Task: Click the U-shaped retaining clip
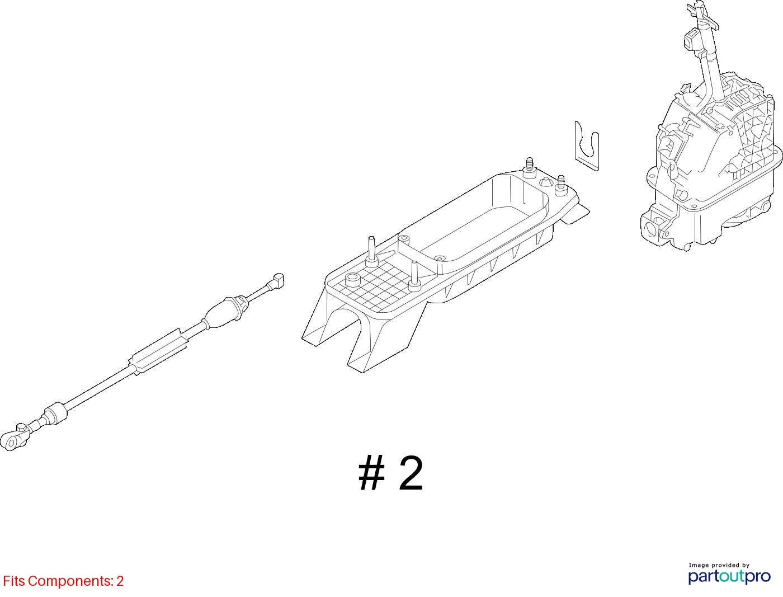(x=587, y=146)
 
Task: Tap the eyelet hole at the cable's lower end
(x=11, y=443)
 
